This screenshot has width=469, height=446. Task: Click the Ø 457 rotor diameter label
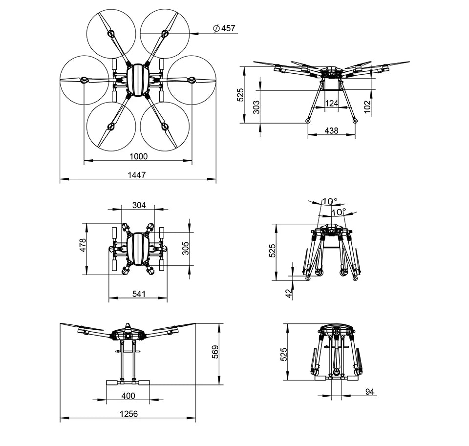coord(224,28)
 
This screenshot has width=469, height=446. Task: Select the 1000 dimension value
coord(138,156)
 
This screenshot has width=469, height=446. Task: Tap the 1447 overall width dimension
coord(137,174)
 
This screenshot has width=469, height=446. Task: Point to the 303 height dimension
coord(256,107)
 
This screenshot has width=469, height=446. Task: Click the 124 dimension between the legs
coord(332,103)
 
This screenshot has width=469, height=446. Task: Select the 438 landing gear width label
coord(331,130)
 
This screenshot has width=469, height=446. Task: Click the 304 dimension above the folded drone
coord(139,205)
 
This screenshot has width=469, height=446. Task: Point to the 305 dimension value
coord(185,248)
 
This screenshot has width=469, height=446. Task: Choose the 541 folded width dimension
coord(138,294)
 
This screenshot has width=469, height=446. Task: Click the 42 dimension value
coord(289,293)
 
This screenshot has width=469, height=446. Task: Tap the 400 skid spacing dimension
coord(128,395)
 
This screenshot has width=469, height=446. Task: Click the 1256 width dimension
coord(128,414)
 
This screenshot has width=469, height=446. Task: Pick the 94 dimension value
coord(370,391)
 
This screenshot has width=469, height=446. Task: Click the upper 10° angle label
coord(329,201)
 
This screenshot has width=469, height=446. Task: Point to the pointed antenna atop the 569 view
coord(127,326)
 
